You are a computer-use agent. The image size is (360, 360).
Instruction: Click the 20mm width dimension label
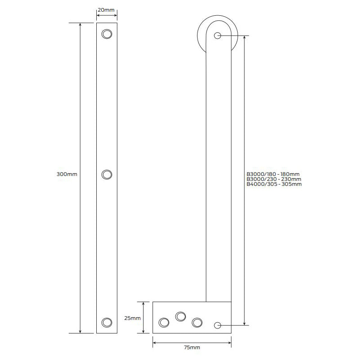pyautogui.click(x=107, y=9)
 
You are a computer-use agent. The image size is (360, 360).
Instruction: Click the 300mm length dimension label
pyautogui.click(x=67, y=174)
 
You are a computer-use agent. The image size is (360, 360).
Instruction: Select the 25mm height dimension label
pyautogui.click(x=132, y=318)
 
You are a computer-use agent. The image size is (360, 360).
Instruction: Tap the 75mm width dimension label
pyautogui.click(x=192, y=347)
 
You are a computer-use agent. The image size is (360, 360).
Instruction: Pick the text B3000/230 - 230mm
pyautogui.click(x=274, y=179)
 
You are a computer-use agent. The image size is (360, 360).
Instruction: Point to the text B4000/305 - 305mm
pyautogui.click(x=274, y=184)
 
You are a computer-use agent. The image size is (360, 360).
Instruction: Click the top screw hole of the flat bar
pyautogui.click(x=107, y=34)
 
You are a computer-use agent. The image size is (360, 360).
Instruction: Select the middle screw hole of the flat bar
pyautogui.click(x=107, y=175)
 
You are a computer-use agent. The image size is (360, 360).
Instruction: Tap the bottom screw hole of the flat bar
pyautogui.click(x=107, y=322)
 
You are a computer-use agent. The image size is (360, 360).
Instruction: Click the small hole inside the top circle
pyautogui.click(x=218, y=36)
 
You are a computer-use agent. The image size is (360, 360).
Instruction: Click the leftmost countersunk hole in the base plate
pyautogui.click(x=164, y=322)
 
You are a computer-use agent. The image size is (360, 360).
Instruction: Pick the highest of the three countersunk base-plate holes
pyautogui.click(x=180, y=316)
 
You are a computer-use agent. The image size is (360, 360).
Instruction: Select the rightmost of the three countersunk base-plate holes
pyautogui.click(x=197, y=322)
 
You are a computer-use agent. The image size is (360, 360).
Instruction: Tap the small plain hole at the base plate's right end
pyautogui.click(x=218, y=325)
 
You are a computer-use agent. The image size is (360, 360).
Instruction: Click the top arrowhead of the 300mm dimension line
pyautogui.click(x=80, y=25)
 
